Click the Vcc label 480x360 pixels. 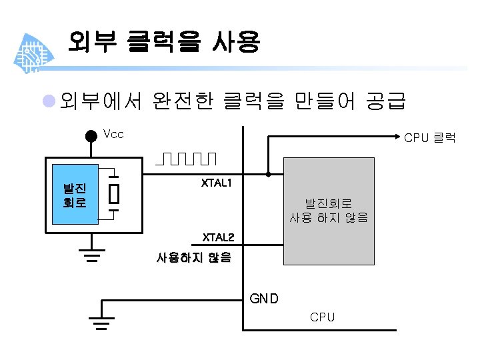[114, 134]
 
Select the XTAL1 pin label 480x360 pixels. [217, 183]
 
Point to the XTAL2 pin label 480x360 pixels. [218, 237]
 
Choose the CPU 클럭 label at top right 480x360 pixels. [430, 138]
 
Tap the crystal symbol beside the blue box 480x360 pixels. [114, 194]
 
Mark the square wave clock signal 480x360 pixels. [187, 159]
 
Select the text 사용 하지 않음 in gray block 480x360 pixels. [329, 217]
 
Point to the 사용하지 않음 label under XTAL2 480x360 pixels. [193, 257]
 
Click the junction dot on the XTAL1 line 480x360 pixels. [269, 175]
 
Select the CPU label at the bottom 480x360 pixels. [322, 317]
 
